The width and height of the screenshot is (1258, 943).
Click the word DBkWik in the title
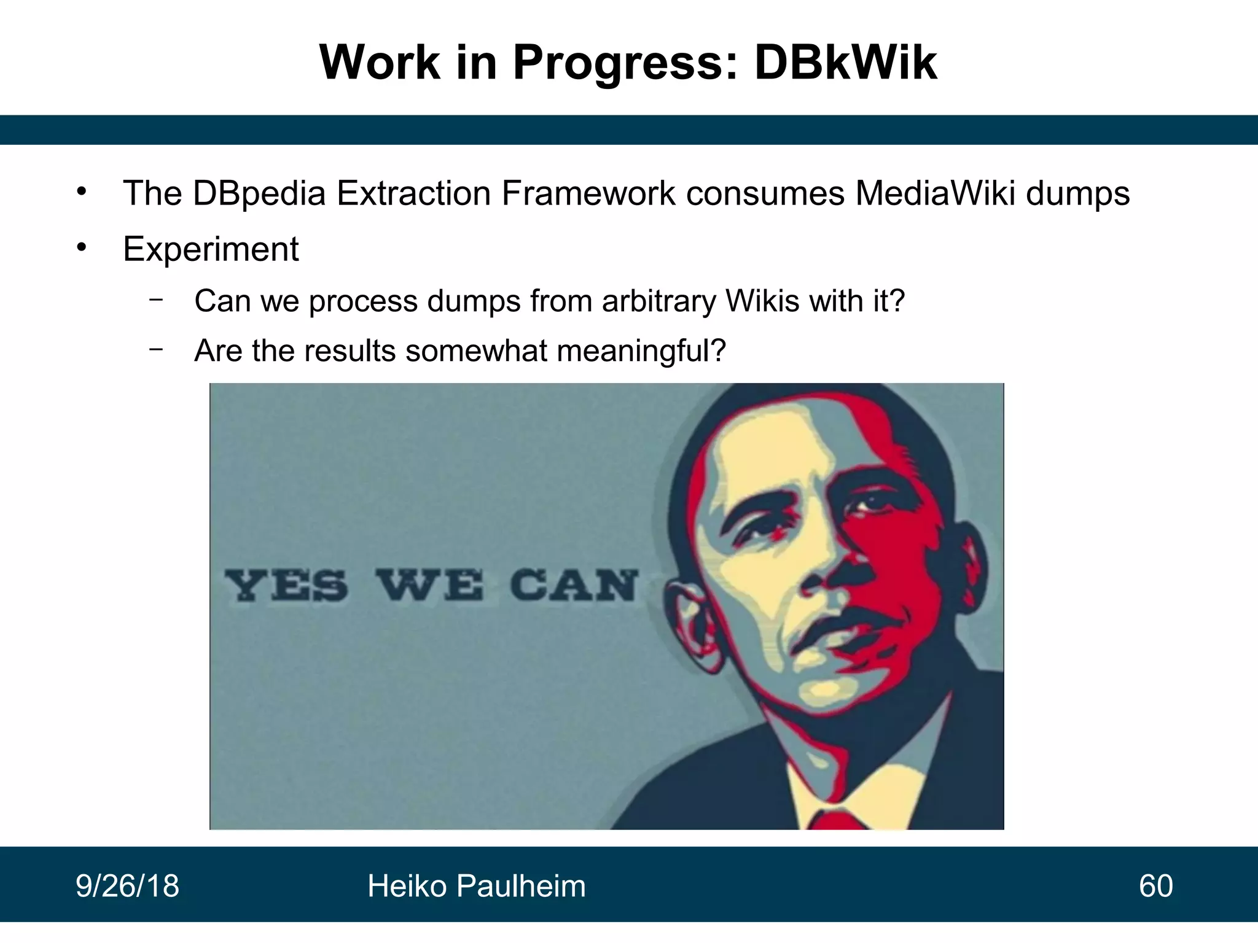point(845,63)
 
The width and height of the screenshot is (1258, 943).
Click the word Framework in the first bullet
point(588,193)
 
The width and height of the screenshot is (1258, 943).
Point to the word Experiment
point(211,249)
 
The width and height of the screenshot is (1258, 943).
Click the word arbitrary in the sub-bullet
point(658,301)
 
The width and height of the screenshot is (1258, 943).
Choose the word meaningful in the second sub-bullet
point(641,351)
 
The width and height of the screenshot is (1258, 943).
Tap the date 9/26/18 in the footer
point(127,886)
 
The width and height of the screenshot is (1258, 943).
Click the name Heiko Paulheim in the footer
point(477,886)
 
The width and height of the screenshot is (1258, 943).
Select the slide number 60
point(1155,886)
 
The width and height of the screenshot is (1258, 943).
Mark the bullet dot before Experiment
point(82,248)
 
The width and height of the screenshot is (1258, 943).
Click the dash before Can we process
point(156,300)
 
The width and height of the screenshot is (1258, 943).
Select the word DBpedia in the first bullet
point(259,193)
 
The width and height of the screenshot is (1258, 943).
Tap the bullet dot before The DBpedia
point(82,192)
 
